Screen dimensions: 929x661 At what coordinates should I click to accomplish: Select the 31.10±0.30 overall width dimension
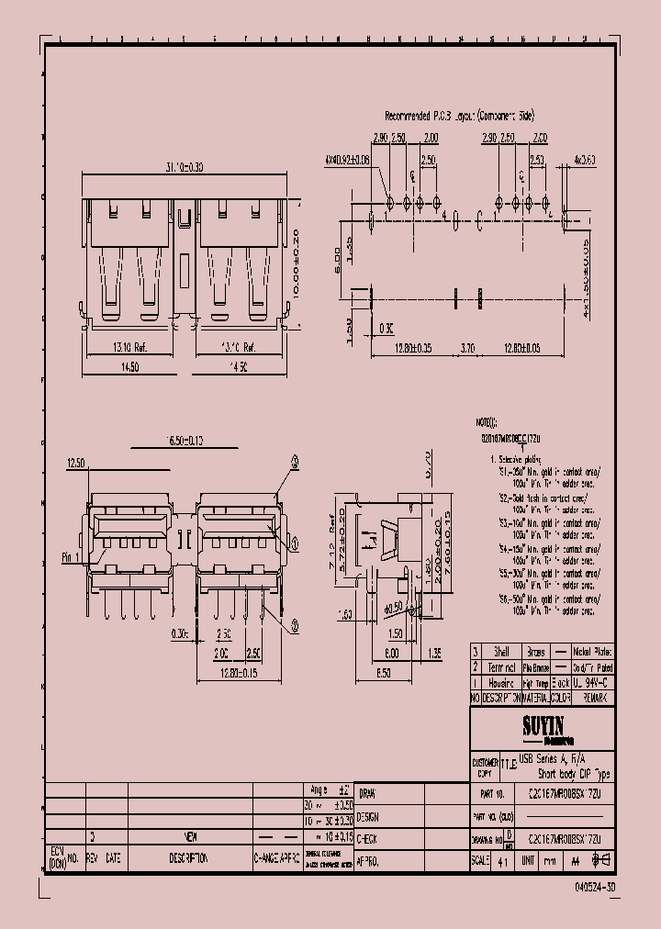coord(185,167)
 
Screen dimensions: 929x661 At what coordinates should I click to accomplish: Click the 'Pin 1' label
coord(73,557)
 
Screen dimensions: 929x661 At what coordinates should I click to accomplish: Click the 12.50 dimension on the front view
coord(75,464)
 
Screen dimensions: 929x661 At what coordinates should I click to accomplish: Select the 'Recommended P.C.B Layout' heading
coord(459,117)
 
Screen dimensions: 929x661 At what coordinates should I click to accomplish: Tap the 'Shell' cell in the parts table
coord(501,651)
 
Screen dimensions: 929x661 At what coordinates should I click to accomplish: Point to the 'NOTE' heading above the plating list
coord(484,421)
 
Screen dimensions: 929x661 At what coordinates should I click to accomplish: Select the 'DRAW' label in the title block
coord(366,793)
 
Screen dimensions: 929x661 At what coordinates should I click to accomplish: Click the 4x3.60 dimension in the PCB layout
coord(584,160)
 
